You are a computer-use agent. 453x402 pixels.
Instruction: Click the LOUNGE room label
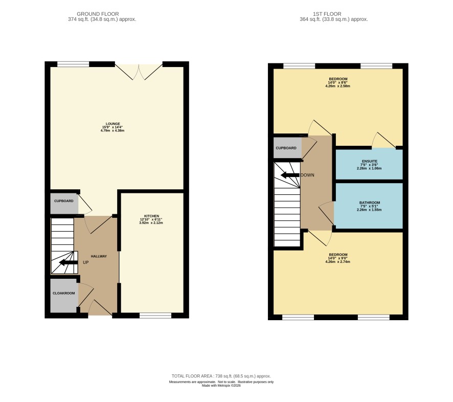pos(112,124)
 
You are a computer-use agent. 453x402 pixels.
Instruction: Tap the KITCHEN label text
pos(151,216)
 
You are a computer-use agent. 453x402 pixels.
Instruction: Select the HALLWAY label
pos(99,256)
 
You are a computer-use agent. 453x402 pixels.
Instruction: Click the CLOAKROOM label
pos(63,293)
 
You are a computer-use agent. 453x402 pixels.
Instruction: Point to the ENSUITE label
pos(370,161)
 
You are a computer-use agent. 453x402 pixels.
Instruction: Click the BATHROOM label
pos(370,203)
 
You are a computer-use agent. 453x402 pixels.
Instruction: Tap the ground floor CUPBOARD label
pos(63,201)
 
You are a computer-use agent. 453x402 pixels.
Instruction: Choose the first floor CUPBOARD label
pos(286,148)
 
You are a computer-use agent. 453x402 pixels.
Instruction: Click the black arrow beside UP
pos(69,262)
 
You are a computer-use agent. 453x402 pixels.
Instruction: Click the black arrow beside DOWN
pos(290,175)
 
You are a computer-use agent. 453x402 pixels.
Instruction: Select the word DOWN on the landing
pos(307,175)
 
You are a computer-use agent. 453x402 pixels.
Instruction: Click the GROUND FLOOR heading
pos(98,14)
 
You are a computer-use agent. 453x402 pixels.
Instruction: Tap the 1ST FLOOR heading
pos(327,14)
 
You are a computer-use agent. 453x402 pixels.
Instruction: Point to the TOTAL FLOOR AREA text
pos(221,376)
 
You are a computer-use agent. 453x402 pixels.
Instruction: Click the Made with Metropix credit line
pos(221,386)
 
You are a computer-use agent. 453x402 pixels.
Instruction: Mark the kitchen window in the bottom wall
pos(155,316)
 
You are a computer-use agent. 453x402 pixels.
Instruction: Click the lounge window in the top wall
pos(73,64)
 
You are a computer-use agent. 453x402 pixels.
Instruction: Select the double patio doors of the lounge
pos(139,71)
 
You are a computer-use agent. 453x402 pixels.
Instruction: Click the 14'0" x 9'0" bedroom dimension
pos(338,258)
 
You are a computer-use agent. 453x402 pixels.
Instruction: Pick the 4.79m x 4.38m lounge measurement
pos(112,130)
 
